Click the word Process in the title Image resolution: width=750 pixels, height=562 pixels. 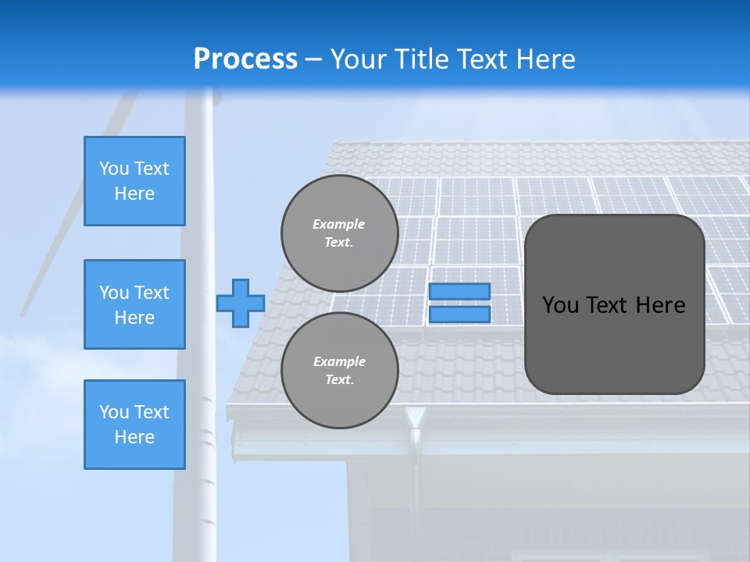245,59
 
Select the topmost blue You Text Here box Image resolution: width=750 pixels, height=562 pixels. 134,181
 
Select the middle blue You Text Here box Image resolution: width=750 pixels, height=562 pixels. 134,304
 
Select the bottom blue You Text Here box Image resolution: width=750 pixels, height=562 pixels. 134,424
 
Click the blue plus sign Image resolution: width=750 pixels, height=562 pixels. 241,303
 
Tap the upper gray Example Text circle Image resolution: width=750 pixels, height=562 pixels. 339,233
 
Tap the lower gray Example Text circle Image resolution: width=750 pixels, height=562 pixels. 339,370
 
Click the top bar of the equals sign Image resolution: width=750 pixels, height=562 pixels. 459,291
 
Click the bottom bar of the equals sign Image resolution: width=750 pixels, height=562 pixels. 459,315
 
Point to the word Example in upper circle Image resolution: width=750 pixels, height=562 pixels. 339,224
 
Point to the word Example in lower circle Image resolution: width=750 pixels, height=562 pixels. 339,361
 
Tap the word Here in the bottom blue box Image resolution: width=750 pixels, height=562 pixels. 134,437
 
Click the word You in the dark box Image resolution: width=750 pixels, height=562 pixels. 560,305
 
